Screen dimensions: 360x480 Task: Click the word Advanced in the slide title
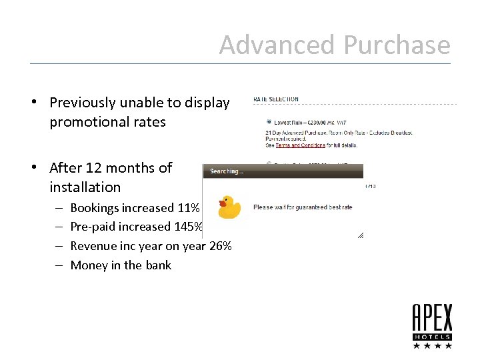[x=278, y=45]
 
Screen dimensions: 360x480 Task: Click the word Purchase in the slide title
[x=397, y=45]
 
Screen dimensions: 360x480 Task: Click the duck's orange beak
[x=223, y=203]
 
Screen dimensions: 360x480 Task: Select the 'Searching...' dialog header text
[x=227, y=171]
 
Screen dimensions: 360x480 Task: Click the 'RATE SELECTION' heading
[x=276, y=99]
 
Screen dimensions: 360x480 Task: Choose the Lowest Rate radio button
[x=269, y=122]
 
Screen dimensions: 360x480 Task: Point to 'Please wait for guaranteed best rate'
[x=303, y=207]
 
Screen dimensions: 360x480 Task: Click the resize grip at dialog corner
[x=360, y=235]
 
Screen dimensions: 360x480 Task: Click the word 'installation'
[x=85, y=187]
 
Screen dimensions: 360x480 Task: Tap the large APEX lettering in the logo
[x=432, y=318]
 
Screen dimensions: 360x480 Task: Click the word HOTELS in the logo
[x=432, y=337]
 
